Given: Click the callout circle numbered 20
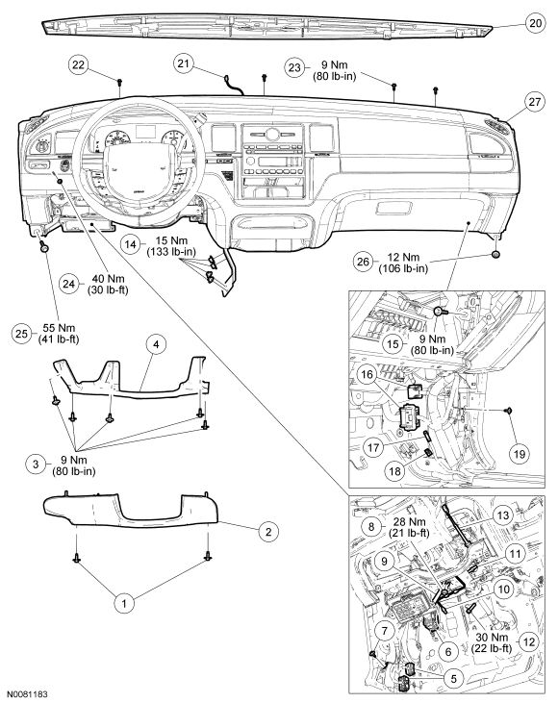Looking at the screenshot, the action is [x=535, y=22].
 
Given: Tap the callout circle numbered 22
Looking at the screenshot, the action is [x=79, y=64].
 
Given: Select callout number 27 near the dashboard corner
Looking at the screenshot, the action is [x=535, y=102].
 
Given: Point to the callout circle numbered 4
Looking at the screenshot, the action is [x=156, y=344].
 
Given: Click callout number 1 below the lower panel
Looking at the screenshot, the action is [x=124, y=603].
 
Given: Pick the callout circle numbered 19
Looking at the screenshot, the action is [x=519, y=454].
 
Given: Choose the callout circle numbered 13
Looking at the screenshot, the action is [x=503, y=515].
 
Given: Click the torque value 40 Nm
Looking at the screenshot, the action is [x=108, y=279].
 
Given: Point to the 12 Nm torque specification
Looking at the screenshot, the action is [x=403, y=258].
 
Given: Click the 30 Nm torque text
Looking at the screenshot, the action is [x=492, y=637].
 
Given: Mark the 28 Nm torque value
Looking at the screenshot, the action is [x=410, y=522].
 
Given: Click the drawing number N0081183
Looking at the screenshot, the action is [x=27, y=694].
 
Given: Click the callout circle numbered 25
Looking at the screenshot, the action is [x=21, y=334].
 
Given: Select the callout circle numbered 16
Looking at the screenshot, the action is [x=368, y=374].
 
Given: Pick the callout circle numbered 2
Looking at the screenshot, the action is [x=268, y=532].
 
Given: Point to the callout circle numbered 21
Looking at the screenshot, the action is [x=184, y=63].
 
